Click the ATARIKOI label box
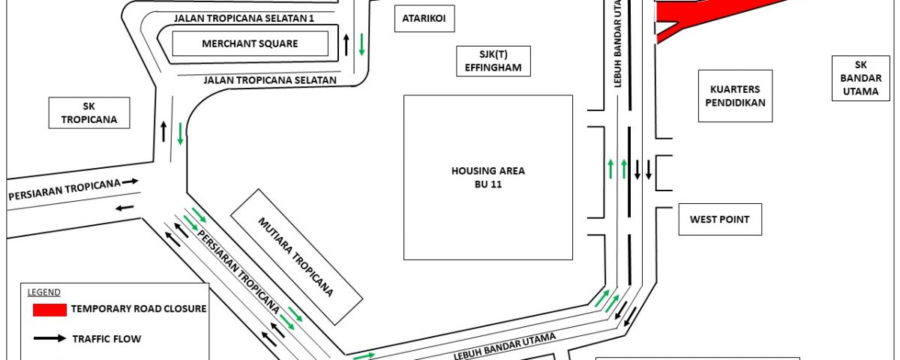(424, 19)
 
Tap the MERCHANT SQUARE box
(250, 43)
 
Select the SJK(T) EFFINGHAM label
(493, 61)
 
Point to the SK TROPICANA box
(89, 113)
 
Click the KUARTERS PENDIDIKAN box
(735, 96)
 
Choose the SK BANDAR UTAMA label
(861, 78)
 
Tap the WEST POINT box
(720, 219)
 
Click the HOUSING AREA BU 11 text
(488, 177)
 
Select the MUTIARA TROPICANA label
(295, 257)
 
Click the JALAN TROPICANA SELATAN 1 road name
(244, 19)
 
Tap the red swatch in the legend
(49, 310)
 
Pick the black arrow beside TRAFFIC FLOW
(49, 338)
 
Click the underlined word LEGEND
(43, 292)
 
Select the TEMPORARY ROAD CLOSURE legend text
(139, 308)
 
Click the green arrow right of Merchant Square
(361, 44)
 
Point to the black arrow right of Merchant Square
(346, 44)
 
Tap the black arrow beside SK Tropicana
(163, 131)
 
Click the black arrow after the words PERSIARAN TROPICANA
(130, 181)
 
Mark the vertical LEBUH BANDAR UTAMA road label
(617, 43)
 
